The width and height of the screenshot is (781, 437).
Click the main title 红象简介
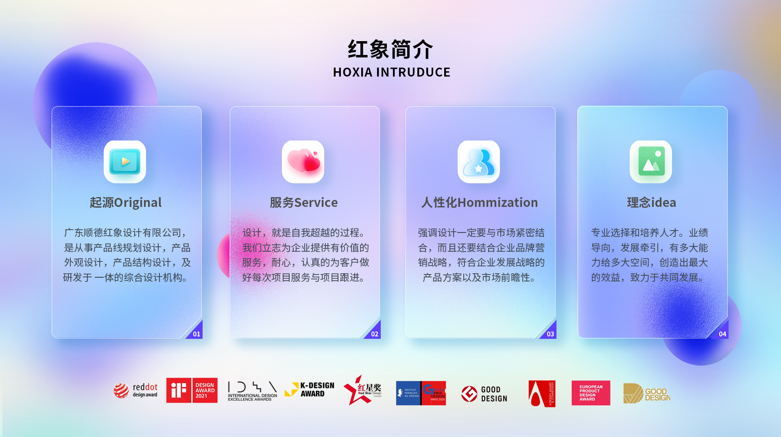tap(390, 50)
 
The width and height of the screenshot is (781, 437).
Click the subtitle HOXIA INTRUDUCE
tap(391, 72)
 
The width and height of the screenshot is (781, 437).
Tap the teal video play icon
tap(125, 162)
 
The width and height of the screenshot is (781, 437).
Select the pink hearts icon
tap(303, 162)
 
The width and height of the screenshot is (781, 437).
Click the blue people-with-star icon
tap(479, 162)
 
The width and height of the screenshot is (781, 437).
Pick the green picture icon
tap(651, 162)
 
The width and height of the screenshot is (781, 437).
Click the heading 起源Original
tap(126, 202)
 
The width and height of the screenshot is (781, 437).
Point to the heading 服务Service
tap(304, 202)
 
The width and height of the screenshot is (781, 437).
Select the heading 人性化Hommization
tap(480, 202)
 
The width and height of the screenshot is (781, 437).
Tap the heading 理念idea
tap(651, 202)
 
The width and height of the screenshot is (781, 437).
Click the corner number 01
tap(196, 334)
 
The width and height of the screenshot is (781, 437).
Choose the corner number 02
tap(375, 334)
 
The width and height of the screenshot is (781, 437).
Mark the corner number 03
tap(550, 334)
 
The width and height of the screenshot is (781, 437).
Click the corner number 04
tap(722, 334)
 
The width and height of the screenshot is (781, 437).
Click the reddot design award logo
tap(135, 391)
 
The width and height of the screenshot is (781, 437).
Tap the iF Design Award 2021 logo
tap(192, 391)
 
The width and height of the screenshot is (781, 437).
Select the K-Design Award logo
tap(310, 390)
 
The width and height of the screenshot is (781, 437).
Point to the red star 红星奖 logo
tap(362, 391)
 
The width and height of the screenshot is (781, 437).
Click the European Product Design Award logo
tap(591, 393)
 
